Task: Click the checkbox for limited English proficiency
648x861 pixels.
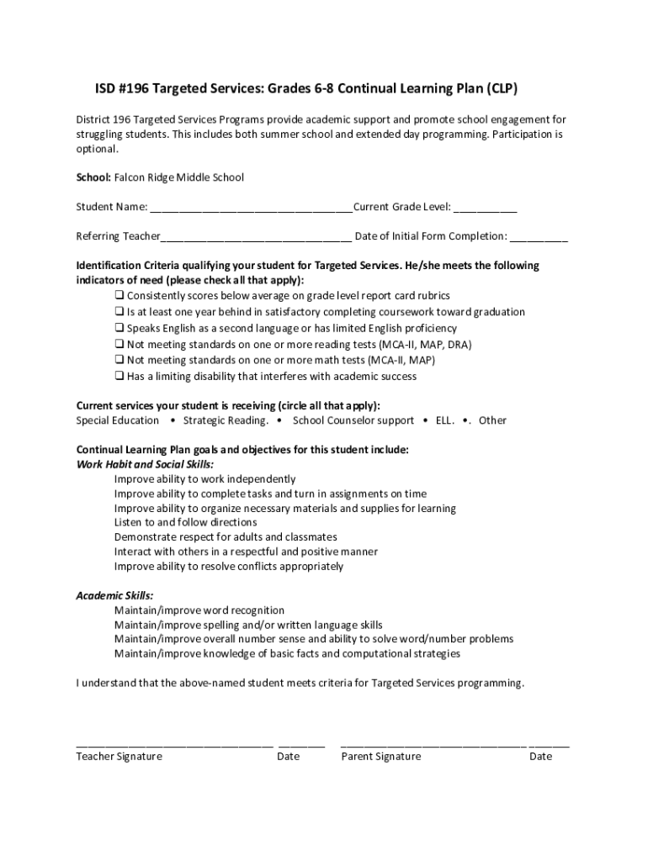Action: tap(120, 329)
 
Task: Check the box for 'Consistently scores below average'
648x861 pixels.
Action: tap(120, 296)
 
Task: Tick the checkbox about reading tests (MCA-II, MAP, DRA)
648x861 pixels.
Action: tap(120, 345)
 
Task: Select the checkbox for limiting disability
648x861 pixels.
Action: tap(120, 377)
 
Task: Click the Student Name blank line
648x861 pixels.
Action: tap(250, 209)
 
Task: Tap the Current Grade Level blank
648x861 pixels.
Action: tap(486, 209)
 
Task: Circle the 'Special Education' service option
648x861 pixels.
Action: tap(118, 420)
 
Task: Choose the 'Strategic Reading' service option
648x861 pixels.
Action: tap(226, 420)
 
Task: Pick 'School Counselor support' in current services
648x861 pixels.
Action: tap(353, 420)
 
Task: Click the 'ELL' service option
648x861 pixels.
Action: tap(444, 420)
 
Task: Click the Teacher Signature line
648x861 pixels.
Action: tap(174, 743)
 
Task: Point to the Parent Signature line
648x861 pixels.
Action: tap(433, 743)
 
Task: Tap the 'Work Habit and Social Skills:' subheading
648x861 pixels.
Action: tap(145, 464)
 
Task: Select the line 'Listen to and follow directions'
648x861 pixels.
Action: tap(186, 522)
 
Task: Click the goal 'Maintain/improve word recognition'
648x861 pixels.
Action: tap(199, 610)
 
